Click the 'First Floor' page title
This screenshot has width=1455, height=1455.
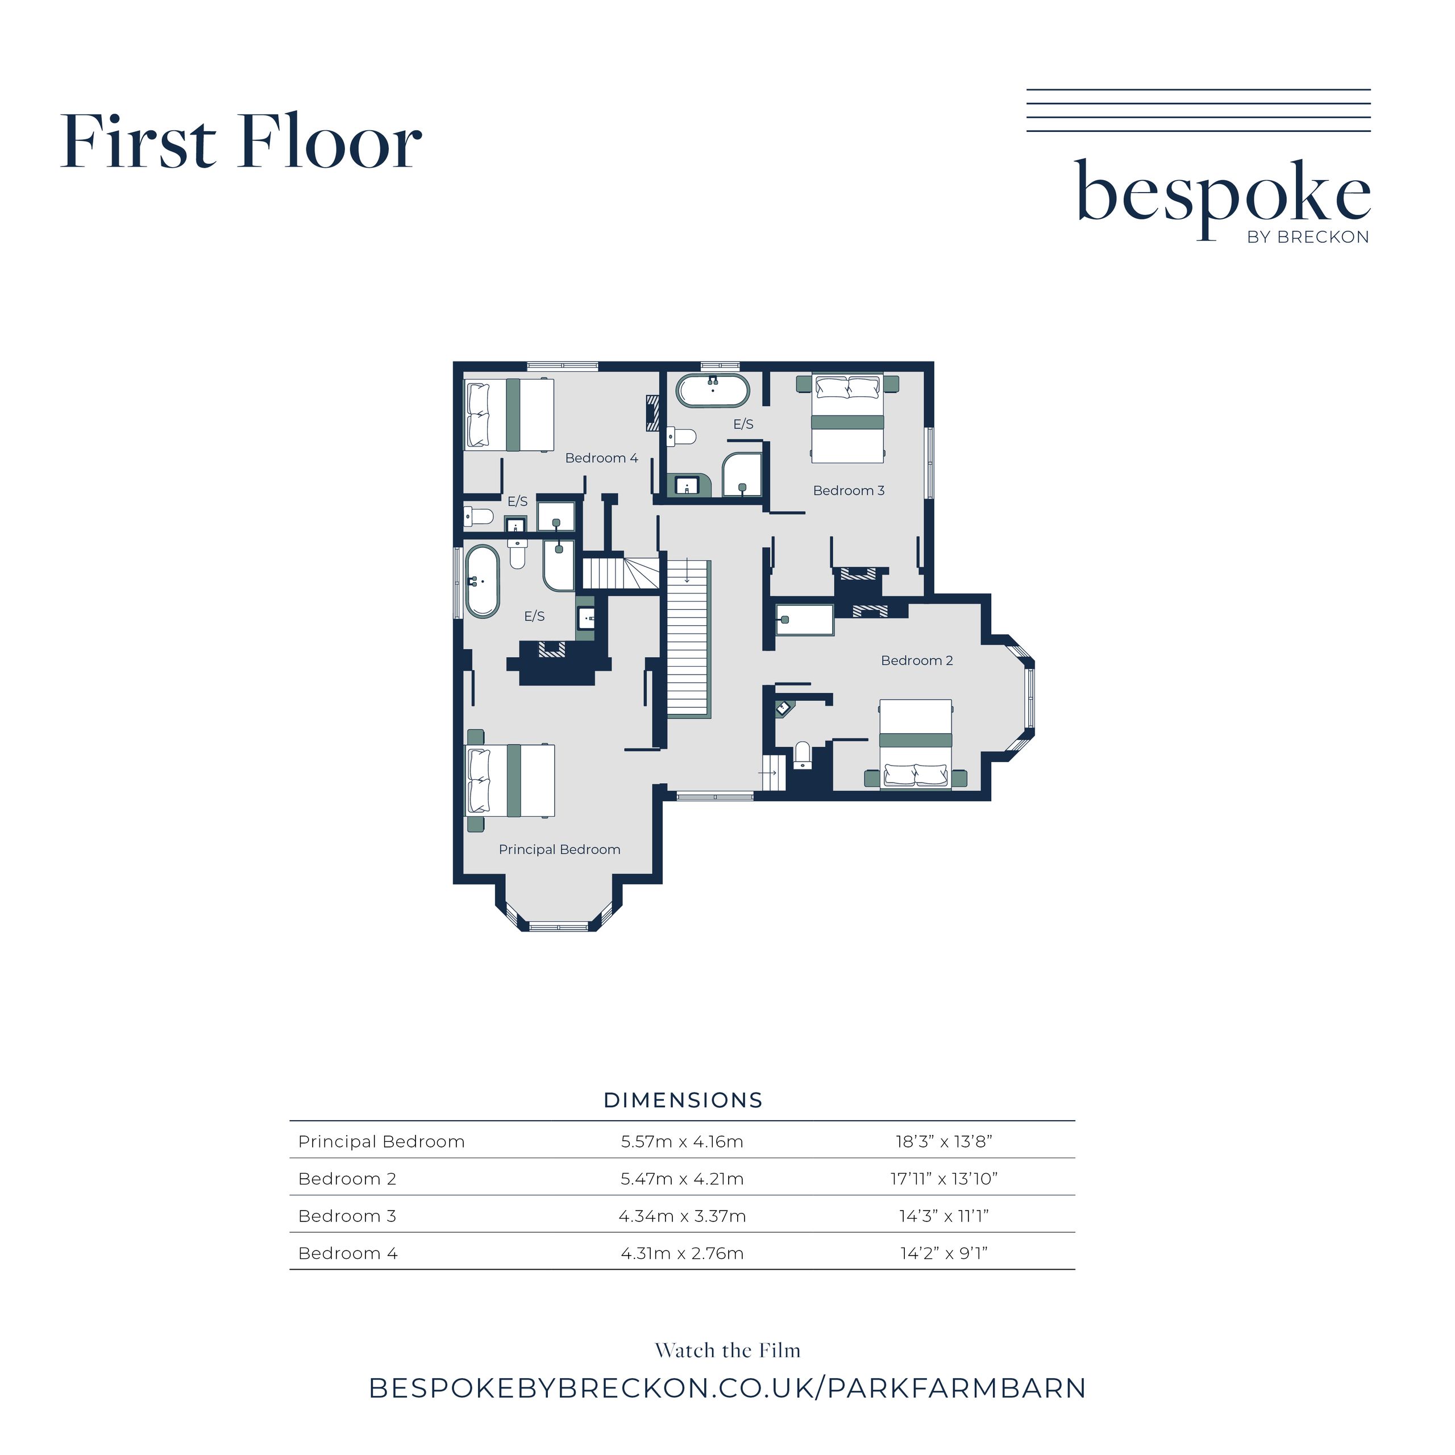coord(241,141)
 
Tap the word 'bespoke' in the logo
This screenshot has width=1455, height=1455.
coord(1224,194)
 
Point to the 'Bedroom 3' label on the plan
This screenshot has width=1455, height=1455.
coord(849,490)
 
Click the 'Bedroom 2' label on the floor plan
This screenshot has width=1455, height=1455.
coord(917,660)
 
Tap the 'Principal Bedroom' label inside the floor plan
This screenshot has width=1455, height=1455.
coord(560,850)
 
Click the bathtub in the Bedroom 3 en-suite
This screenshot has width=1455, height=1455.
coord(712,390)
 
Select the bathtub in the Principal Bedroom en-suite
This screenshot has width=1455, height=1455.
coord(482,581)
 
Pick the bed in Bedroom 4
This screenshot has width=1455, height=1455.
coord(510,415)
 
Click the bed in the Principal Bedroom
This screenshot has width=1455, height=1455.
coord(510,780)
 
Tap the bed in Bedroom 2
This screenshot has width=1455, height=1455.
coord(916,744)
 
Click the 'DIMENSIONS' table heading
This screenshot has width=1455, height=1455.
coord(683,1100)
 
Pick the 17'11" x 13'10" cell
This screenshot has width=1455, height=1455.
coord(943,1179)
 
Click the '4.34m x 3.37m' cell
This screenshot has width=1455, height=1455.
coord(682,1216)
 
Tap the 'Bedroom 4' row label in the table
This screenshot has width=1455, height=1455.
coord(348,1253)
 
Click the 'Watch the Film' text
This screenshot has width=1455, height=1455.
coord(727,1350)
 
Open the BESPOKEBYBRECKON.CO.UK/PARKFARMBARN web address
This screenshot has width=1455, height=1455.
coord(727,1388)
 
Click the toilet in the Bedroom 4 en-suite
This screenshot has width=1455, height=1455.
coord(478,517)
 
